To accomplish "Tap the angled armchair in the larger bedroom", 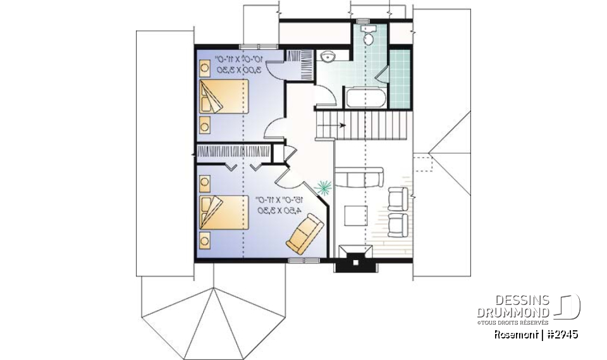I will pyautogui.click(x=305, y=233).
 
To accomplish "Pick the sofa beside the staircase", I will pyautogui.click(x=359, y=178).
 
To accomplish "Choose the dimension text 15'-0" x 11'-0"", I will pyautogui.click(x=278, y=200).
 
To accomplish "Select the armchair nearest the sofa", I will pyautogui.click(x=398, y=198).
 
